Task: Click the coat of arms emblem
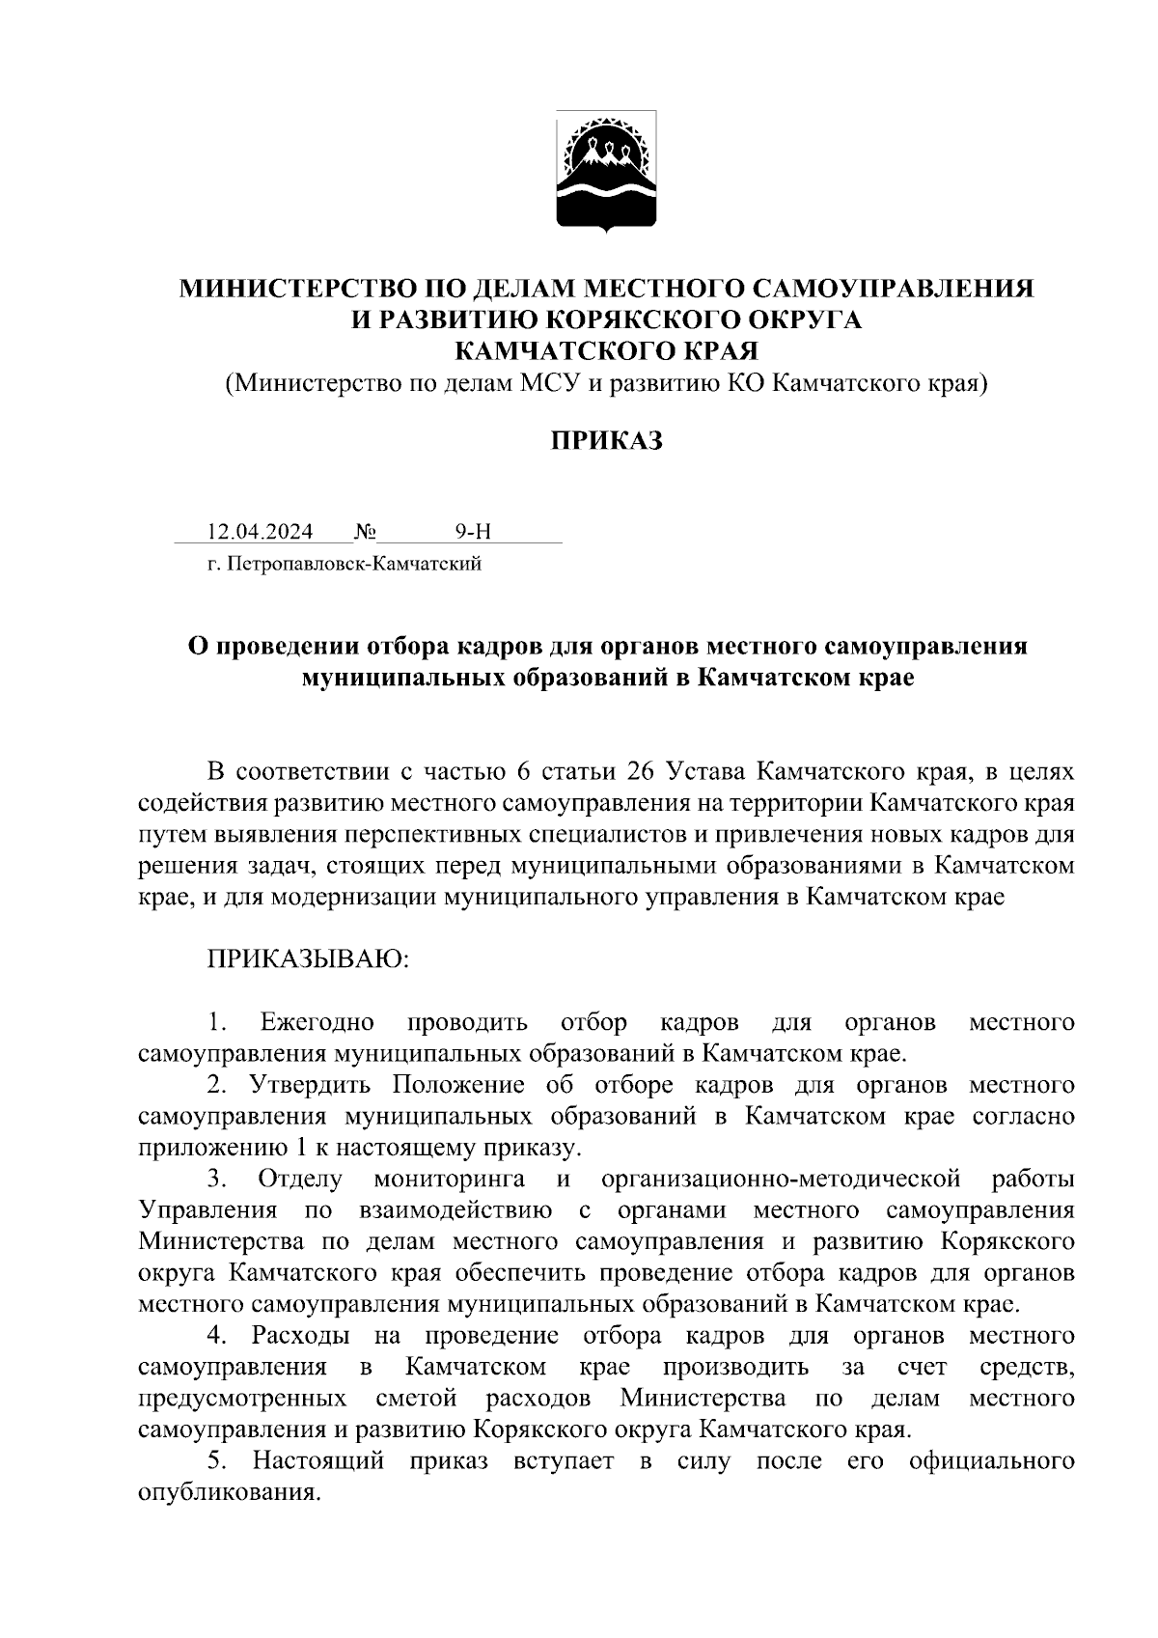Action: point(607,172)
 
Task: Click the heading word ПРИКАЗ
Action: point(607,441)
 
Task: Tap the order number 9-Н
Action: point(474,532)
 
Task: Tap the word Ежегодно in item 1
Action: point(317,1022)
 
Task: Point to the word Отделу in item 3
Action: point(300,1179)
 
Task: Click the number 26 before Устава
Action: point(642,772)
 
